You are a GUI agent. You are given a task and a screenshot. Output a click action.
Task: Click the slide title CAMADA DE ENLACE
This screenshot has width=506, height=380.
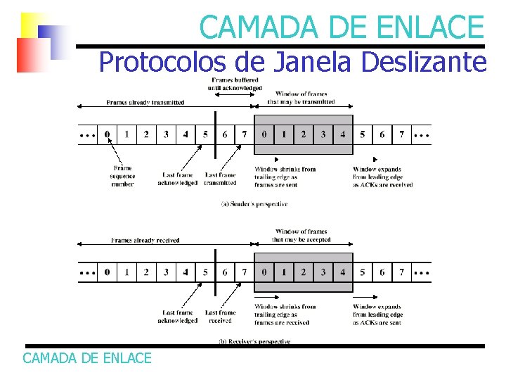[x=342, y=27]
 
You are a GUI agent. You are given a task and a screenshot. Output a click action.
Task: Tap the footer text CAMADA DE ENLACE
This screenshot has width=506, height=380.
[x=87, y=358]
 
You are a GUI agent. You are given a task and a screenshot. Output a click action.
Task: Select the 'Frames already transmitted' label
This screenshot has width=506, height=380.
[x=145, y=103]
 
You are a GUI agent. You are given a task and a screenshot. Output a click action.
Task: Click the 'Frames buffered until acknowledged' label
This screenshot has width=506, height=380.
[x=235, y=84]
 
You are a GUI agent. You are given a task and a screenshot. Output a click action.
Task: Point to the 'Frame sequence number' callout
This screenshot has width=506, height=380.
[x=122, y=176]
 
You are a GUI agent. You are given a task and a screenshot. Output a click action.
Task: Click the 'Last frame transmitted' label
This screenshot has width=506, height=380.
[x=221, y=179]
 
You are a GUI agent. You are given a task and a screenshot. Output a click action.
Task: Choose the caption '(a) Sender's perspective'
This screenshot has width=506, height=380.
[x=254, y=204]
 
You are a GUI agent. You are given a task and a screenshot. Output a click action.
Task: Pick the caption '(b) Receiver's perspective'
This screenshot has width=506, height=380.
[x=254, y=341]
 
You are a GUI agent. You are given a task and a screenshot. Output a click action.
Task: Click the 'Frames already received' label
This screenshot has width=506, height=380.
[x=145, y=240]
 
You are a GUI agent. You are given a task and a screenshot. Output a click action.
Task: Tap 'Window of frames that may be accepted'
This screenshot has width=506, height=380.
[x=301, y=235]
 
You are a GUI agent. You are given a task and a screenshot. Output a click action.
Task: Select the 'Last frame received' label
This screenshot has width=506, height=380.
[x=221, y=317]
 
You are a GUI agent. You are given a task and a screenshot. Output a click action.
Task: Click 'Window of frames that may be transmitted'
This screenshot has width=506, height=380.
[x=301, y=98]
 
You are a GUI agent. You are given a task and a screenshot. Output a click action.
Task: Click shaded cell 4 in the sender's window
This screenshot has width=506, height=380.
[x=342, y=134]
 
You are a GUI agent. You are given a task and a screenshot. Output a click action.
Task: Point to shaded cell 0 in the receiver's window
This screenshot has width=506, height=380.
[x=264, y=272]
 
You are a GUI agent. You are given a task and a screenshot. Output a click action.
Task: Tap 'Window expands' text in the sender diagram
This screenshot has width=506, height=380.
[x=377, y=169]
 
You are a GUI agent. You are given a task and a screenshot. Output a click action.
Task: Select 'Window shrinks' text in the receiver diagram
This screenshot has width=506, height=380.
[x=285, y=307]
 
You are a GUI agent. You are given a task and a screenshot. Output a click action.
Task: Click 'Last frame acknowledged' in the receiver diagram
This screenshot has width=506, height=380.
[x=178, y=317]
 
